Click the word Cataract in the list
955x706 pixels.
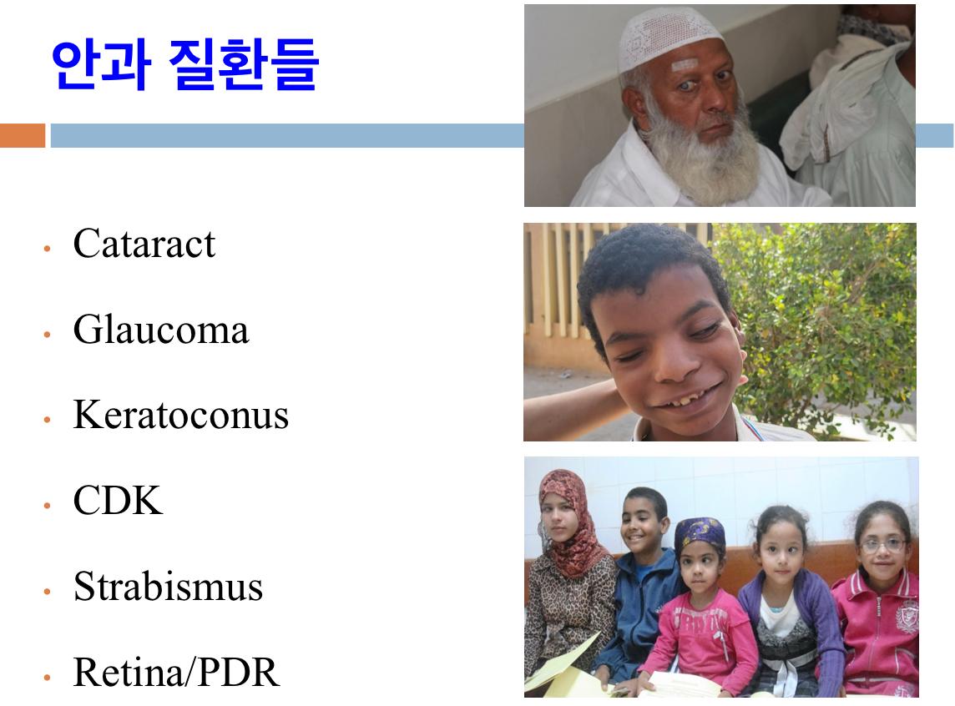144,244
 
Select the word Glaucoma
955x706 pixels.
161,330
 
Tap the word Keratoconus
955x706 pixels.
181,415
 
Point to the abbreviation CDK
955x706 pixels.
119,500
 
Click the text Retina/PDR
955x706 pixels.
177,672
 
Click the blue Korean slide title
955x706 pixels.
185,64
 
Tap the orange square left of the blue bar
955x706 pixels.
23,135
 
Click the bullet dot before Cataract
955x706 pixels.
47,248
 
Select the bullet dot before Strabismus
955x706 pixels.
47,591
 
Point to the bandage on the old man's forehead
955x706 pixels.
685,65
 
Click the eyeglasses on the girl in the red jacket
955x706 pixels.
883,545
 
